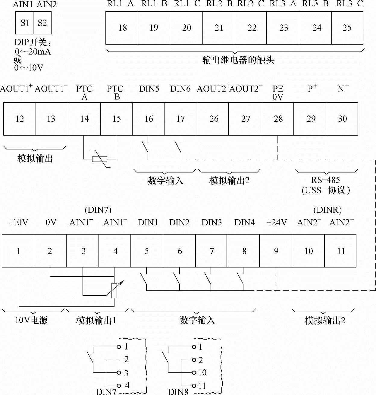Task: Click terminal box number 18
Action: [122, 28]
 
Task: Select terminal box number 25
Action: [347, 28]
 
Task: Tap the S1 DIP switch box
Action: [25, 23]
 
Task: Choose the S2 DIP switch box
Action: [42, 23]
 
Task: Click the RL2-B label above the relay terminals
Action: [218, 4]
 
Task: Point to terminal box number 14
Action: [84, 119]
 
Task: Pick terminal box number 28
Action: [278, 119]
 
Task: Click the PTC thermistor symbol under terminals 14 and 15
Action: [100, 159]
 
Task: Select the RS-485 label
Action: [325, 180]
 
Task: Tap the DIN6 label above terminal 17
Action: [180, 89]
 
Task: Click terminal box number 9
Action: [276, 251]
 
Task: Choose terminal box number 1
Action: [18, 251]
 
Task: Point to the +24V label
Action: [277, 223]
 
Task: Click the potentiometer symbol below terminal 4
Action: [114, 290]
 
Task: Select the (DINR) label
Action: [327, 210]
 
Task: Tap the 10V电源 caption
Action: [31, 320]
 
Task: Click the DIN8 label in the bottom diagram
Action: [178, 391]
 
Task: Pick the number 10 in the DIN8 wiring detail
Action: [202, 373]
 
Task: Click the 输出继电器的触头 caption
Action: [238, 60]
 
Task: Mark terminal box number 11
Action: [340, 251]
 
